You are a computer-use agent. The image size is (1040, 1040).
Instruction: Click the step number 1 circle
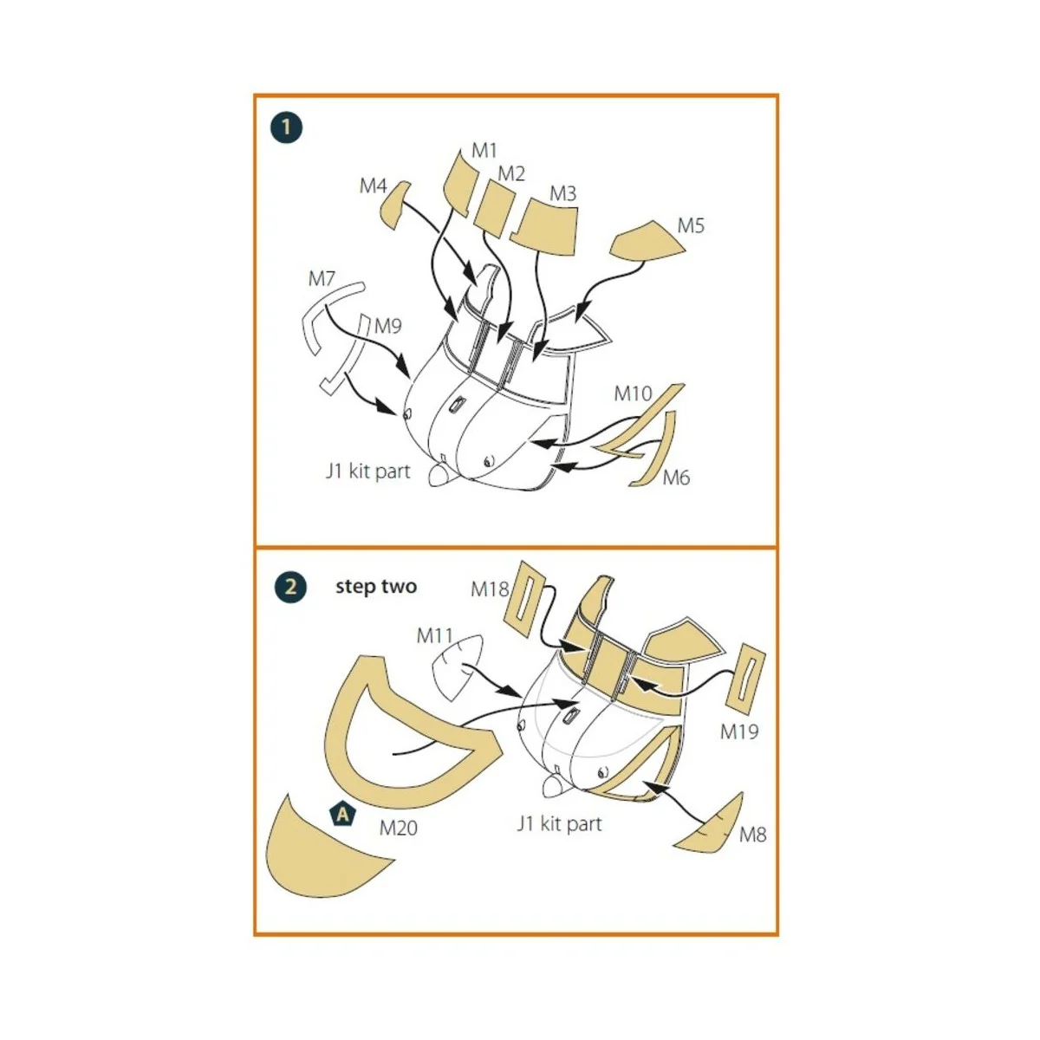pyautogui.click(x=287, y=128)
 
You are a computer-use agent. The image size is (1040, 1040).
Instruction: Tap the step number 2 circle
pyautogui.click(x=290, y=587)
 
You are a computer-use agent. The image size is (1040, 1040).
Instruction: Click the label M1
pyautogui.click(x=484, y=151)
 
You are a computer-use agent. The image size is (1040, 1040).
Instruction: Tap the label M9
pyautogui.click(x=388, y=326)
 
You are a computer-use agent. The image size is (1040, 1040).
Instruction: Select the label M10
pyautogui.click(x=633, y=393)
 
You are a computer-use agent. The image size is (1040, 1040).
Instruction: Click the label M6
pyautogui.click(x=676, y=478)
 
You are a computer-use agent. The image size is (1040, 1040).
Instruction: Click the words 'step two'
pyautogui.click(x=376, y=587)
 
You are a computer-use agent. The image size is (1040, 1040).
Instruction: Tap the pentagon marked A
pyautogui.click(x=342, y=814)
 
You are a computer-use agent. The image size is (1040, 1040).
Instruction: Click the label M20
pyautogui.click(x=399, y=829)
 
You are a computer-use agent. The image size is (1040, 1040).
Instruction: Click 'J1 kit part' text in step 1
pyautogui.click(x=368, y=471)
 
